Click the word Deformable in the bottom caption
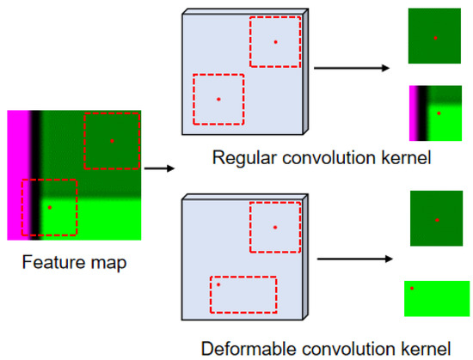click(x=243, y=348)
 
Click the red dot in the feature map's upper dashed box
click(x=111, y=140)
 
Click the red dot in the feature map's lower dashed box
click(x=49, y=207)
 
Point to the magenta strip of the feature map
click(x=17, y=172)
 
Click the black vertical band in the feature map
click(x=35, y=172)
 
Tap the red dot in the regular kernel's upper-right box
click(x=275, y=41)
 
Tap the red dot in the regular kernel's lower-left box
click(x=218, y=99)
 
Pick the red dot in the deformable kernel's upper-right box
click(x=275, y=227)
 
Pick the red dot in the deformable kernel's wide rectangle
click(x=218, y=284)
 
